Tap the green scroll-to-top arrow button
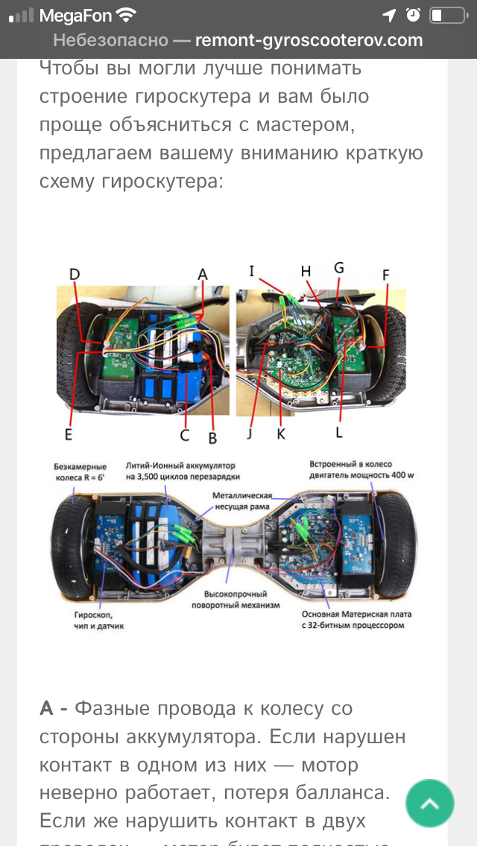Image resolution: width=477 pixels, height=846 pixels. (x=430, y=803)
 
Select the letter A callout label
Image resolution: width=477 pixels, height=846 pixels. (x=202, y=274)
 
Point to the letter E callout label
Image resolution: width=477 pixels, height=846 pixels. (x=68, y=433)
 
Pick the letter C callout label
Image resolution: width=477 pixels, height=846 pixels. (x=185, y=434)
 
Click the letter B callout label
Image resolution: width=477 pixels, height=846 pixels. (x=212, y=437)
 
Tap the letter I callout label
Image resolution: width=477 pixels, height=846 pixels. (x=253, y=271)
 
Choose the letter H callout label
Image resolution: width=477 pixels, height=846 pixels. (x=306, y=272)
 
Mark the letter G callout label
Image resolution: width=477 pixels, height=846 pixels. (x=339, y=267)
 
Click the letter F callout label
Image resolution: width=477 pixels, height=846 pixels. (x=385, y=274)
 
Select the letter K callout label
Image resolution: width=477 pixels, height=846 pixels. (x=281, y=434)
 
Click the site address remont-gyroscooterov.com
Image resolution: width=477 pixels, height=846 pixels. (x=309, y=40)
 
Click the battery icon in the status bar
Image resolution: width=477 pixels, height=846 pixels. (x=446, y=15)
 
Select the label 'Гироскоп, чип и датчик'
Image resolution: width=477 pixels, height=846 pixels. (x=93, y=620)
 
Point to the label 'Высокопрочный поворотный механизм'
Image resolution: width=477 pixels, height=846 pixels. (x=241, y=599)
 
